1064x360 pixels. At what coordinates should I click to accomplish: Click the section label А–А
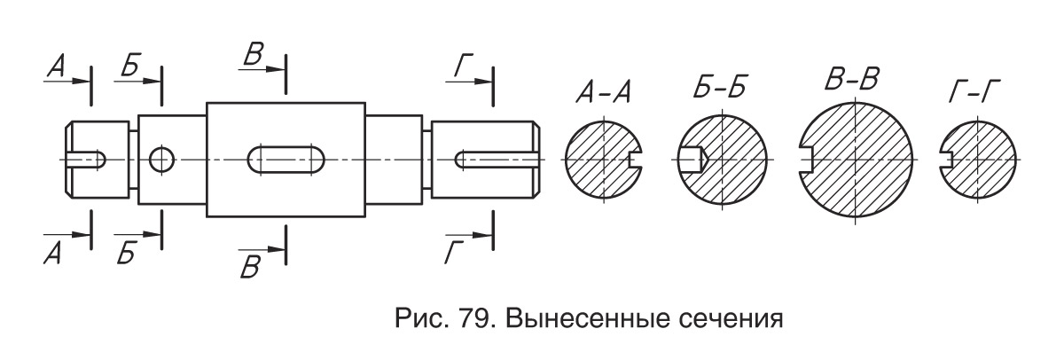click(603, 91)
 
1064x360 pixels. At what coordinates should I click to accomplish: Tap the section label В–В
click(852, 79)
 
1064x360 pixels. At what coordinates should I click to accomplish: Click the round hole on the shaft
click(161, 160)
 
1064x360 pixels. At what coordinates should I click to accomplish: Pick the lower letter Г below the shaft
click(454, 253)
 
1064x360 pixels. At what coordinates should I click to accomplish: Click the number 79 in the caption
click(473, 318)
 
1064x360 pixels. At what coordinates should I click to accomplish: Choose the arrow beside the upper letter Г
click(467, 82)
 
